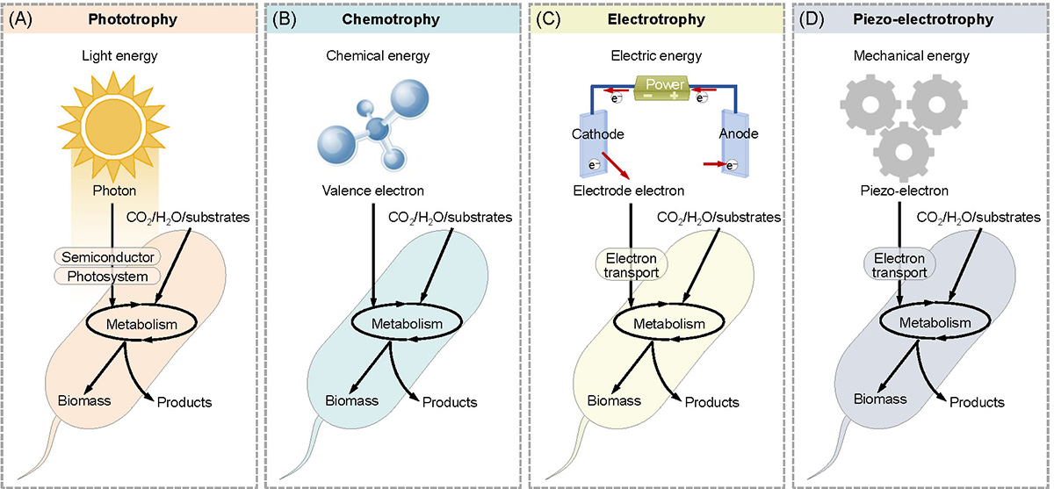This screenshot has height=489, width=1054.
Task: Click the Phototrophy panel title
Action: [131, 18]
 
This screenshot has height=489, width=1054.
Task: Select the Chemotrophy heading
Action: [393, 18]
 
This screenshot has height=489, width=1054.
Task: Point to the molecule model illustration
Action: [365, 128]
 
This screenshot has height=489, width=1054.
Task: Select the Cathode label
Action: [599, 133]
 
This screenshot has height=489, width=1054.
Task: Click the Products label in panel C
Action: [711, 402]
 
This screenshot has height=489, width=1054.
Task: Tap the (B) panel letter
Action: [285, 18]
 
